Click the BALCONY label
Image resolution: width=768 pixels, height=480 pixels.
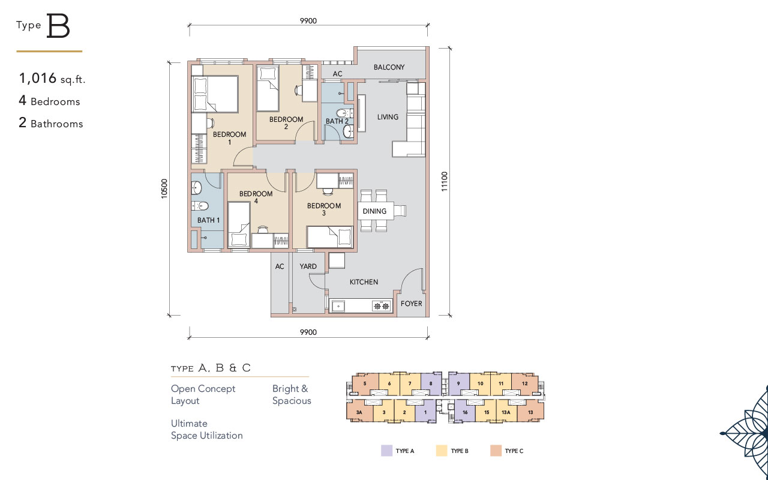pos(389,67)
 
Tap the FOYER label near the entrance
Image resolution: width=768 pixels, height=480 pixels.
pos(411,304)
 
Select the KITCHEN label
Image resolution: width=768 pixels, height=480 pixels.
pos(364,282)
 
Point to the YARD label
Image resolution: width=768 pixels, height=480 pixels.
pos(308,266)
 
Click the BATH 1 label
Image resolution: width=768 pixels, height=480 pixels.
pos(208,220)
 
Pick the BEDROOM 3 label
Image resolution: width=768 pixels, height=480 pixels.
pos(324,209)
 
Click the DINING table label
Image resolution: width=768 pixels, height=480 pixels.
pos(374,211)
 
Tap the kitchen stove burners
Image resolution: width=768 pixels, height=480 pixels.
pos(381,306)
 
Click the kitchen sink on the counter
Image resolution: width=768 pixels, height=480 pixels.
pos(338,306)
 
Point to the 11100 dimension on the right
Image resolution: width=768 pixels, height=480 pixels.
pos(445,181)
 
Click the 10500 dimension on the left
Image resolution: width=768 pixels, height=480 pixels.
pos(164,188)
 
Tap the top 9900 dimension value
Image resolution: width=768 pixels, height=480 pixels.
pos(308,21)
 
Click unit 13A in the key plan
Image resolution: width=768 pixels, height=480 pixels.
pos(506,412)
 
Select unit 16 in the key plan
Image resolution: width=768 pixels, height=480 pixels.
pos(465,412)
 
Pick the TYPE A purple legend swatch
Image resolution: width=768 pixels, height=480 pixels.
pos(387,451)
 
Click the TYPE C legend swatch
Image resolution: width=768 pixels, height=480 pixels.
pos(496,451)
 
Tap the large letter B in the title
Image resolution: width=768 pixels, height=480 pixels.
pos(58,26)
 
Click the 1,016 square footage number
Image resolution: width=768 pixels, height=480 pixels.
pos(38,78)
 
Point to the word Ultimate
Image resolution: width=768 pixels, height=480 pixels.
pos(189,424)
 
